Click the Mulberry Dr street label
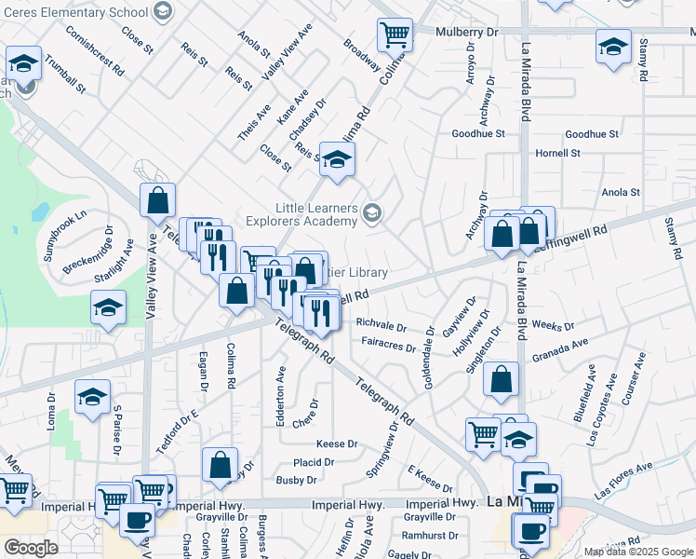point(468,31)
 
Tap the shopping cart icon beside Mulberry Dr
point(395,35)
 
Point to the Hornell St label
point(557,153)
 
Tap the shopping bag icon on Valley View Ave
point(158,199)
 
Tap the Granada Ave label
point(560,356)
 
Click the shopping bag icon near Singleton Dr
point(501,379)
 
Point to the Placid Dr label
point(314,462)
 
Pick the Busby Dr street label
point(297,481)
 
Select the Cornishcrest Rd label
point(95,49)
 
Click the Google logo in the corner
point(31,548)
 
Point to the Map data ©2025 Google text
point(639,552)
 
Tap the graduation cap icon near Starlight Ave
point(109,308)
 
